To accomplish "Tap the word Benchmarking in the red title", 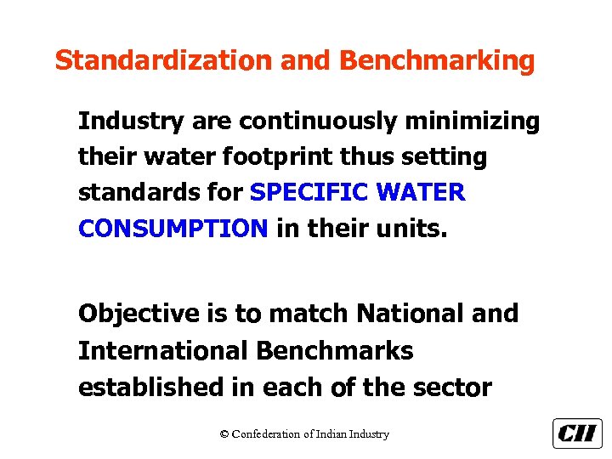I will (437, 61).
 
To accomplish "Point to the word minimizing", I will (473, 122).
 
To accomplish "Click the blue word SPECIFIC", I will (309, 193).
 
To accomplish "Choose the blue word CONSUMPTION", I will (173, 229).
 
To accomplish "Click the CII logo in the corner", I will (577, 433).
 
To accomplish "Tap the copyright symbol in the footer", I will (224, 434).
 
